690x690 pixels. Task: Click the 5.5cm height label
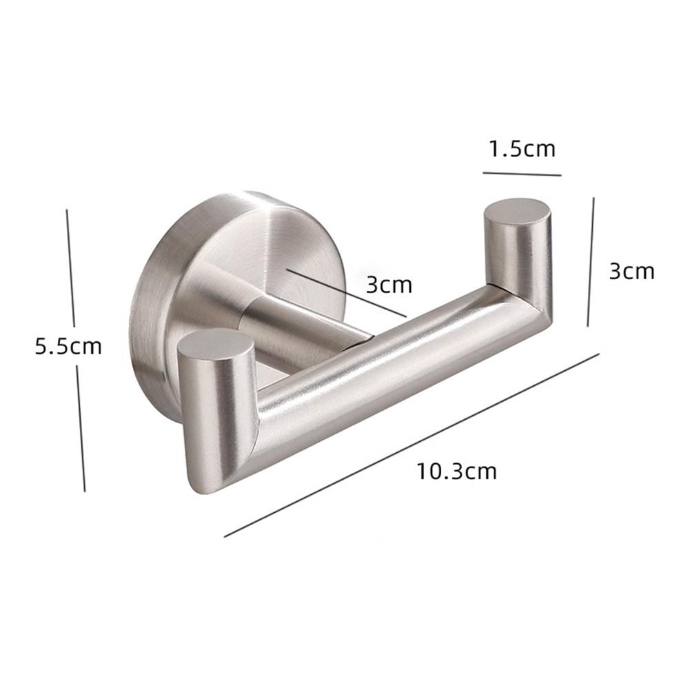pos(68,345)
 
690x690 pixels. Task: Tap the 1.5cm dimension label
pos(522,148)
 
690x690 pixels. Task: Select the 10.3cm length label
pos(456,471)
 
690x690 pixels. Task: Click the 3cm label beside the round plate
pos(388,284)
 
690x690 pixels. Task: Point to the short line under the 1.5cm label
pos(522,173)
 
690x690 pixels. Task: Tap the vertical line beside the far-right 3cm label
pos(591,262)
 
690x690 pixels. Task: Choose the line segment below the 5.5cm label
pos(81,427)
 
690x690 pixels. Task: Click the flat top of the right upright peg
pos(518,210)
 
